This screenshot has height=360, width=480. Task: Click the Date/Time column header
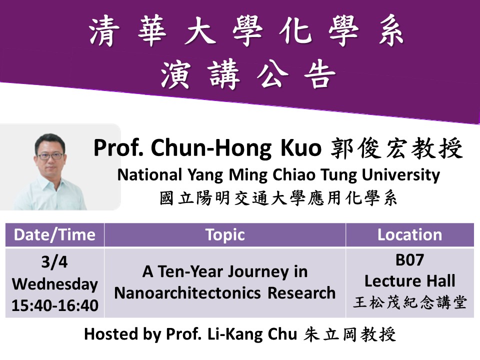click(55, 235)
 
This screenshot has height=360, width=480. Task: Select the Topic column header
click(225, 235)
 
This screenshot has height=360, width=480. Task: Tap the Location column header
click(409, 235)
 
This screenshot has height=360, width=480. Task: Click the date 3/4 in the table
click(54, 262)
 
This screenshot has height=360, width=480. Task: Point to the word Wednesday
click(55, 284)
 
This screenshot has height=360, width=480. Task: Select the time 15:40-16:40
click(55, 305)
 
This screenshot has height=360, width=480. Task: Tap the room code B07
click(409, 260)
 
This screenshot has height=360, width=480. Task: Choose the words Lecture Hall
click(409, 280)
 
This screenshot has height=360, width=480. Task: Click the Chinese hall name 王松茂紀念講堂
click(409, 302)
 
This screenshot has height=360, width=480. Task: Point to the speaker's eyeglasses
click(50, 156)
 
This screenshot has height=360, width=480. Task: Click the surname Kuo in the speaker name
click(301, 148)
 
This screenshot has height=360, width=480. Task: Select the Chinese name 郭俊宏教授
click(396, 148)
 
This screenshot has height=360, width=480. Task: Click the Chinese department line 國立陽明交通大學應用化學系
click(278, 198)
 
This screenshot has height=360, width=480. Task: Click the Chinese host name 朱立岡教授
click(350, 334)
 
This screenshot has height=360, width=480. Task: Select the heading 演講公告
click(248, 74)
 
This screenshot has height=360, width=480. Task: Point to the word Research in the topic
click(301, 293)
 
